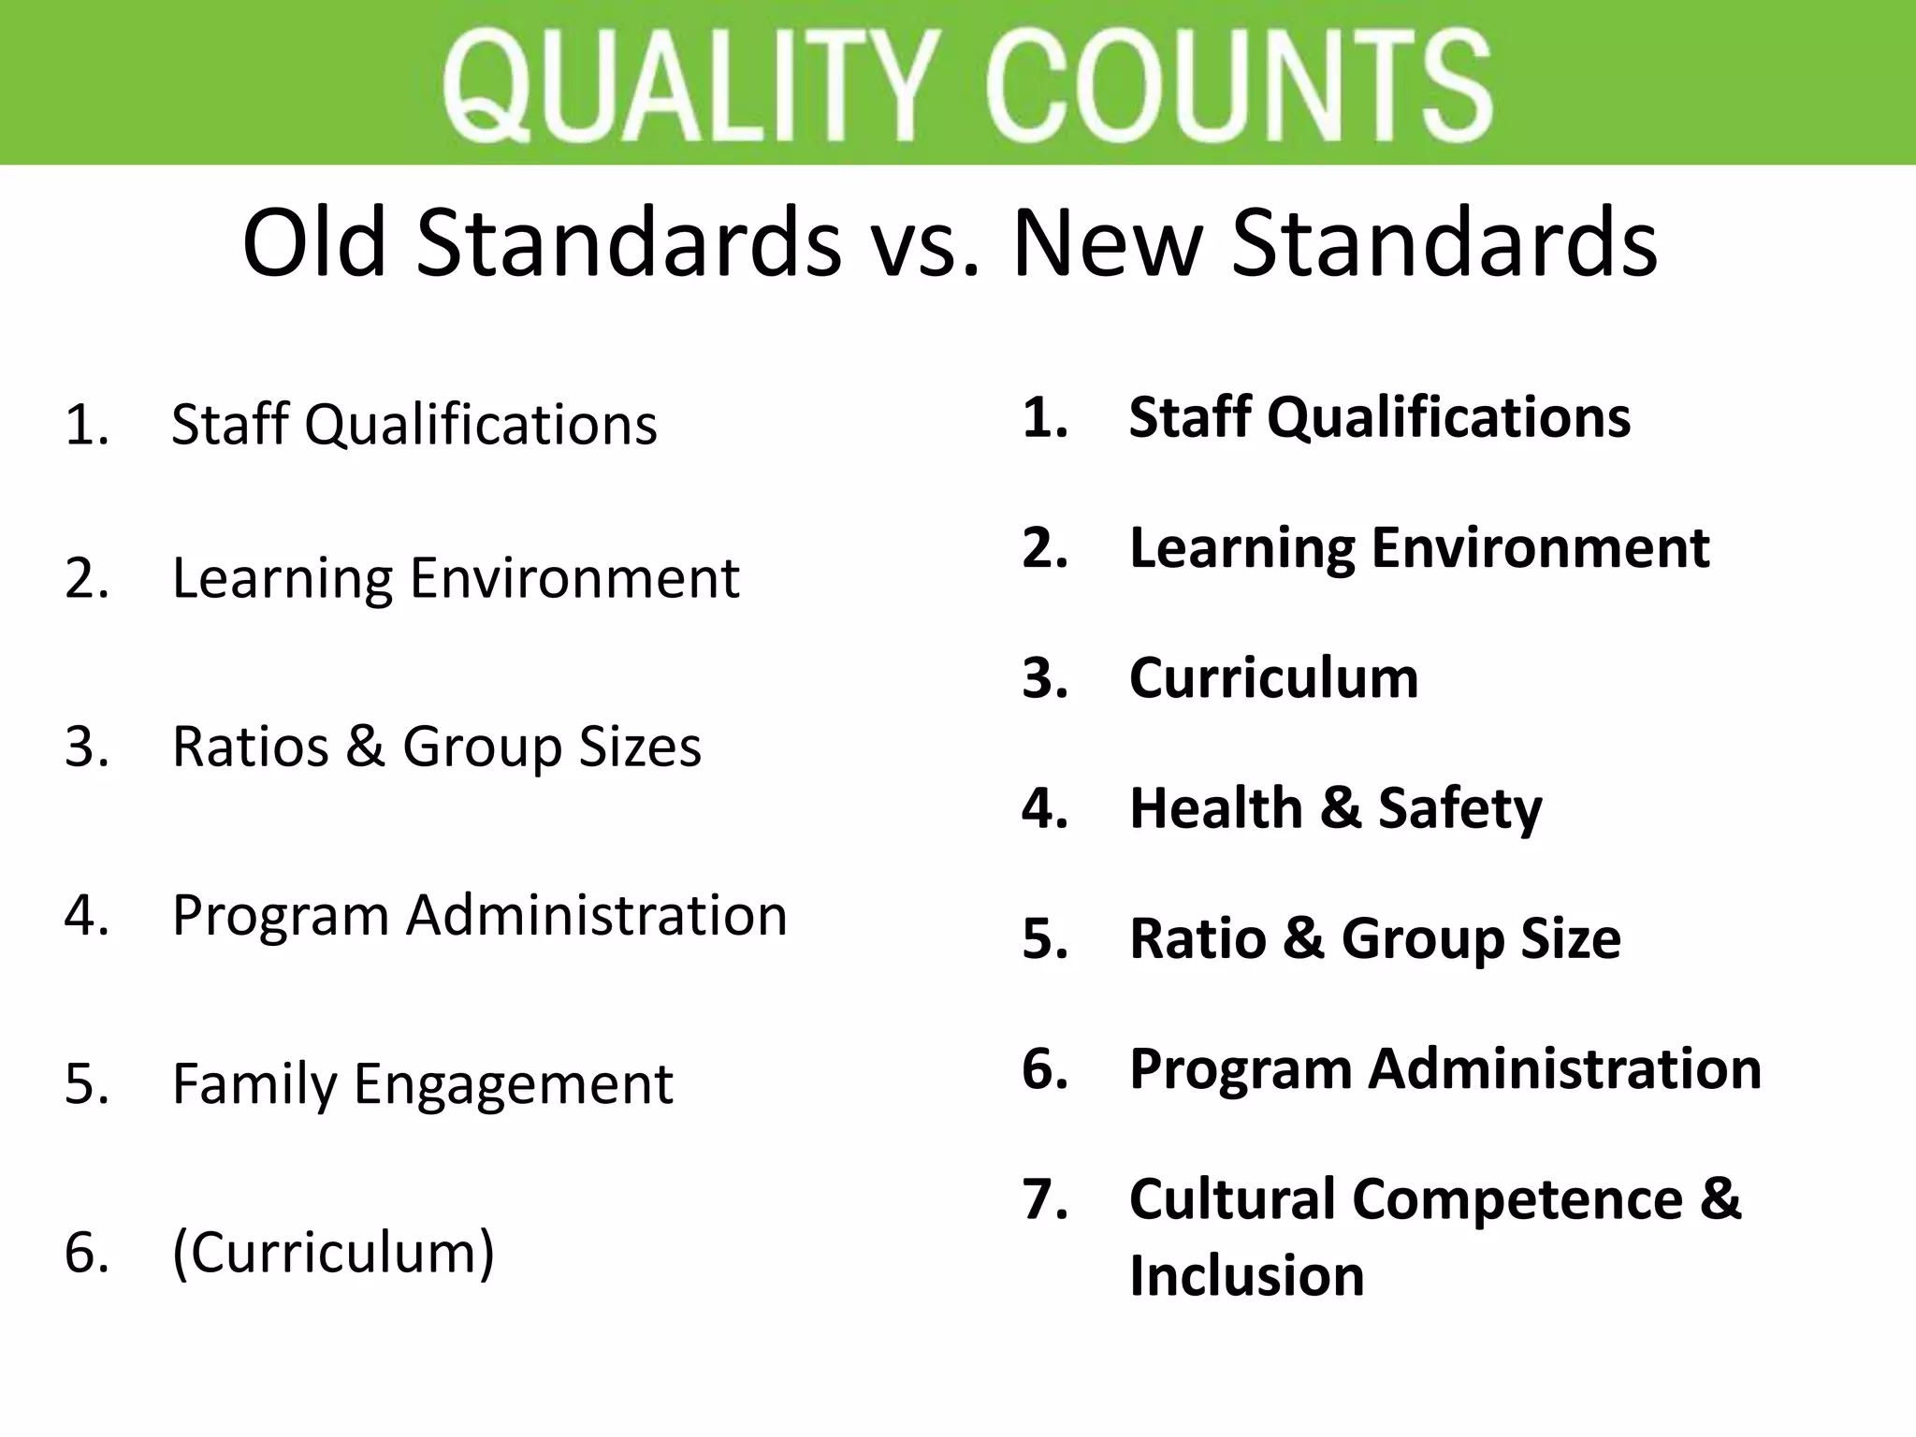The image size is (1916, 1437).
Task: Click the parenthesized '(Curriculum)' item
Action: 333,1253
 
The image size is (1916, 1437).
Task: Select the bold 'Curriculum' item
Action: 1273,678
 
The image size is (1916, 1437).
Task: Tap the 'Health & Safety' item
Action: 1335,808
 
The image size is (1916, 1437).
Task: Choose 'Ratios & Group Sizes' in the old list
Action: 436,748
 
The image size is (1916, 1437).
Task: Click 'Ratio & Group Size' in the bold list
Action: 1374,938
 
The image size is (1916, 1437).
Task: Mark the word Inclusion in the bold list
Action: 1246,1276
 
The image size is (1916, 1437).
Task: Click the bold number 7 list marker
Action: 1045,1200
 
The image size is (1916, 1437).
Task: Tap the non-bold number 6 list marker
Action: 87,1253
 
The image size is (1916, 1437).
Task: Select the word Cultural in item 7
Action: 1232,1199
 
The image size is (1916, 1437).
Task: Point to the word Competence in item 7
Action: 1517,1199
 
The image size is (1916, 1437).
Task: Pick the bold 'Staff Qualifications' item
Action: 1379,417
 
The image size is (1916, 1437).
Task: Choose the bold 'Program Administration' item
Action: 1444,1069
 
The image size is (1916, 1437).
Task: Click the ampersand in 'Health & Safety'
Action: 1340,808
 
